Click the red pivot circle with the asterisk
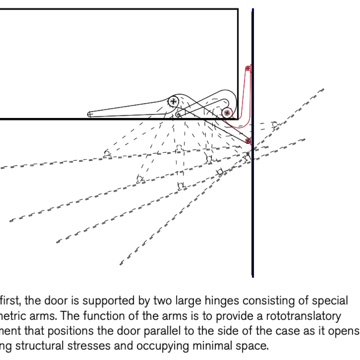(x=226, y=113)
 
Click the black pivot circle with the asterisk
(x=174, y=101)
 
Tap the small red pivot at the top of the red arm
(x=247, y=68)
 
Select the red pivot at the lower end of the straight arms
(x=248, y=140)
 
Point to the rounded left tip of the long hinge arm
(x=90, y=114)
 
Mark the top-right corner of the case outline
(x=238, y=9)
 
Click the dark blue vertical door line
(x=253, y=216)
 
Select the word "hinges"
(x=220, y=301)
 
